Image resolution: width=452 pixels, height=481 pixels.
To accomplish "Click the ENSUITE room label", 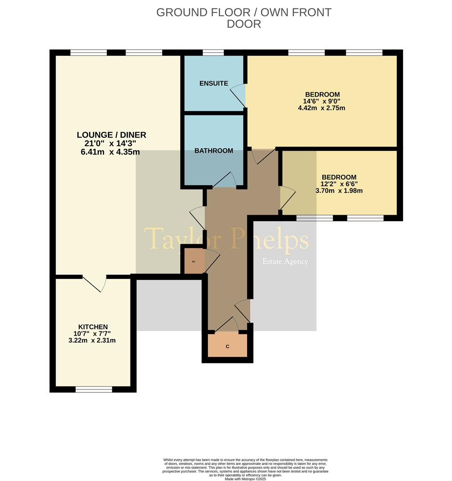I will click(x=214, y=83).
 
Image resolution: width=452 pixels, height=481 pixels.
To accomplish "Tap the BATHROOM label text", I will click(x=214, y=151).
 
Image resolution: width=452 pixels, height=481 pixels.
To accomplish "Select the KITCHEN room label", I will click(x=93, y=327).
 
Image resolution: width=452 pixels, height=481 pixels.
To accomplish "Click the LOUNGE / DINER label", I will click(x=111, y=135).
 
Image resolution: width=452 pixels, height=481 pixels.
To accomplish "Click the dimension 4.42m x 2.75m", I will click(x=322, y=108).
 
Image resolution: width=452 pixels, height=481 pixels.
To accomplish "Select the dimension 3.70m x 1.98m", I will click(x=339, y=191).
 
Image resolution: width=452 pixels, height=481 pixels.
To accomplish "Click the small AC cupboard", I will click(x=193, y=261).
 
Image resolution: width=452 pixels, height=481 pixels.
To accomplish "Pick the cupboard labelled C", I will click(x=228, y=346).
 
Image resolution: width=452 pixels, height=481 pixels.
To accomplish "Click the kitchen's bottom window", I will click(x=94, y=390).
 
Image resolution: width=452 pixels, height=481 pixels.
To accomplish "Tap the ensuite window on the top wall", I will click(x=213, y=53).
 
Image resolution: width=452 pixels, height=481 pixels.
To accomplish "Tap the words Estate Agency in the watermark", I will click(x=285, y=261).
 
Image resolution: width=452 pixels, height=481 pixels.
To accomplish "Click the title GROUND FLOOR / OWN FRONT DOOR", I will click(x=244, y=18).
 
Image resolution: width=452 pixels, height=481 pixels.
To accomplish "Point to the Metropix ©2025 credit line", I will click(x=245, y=479).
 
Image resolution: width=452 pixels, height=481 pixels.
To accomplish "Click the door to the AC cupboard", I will click(x=212, y=261).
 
